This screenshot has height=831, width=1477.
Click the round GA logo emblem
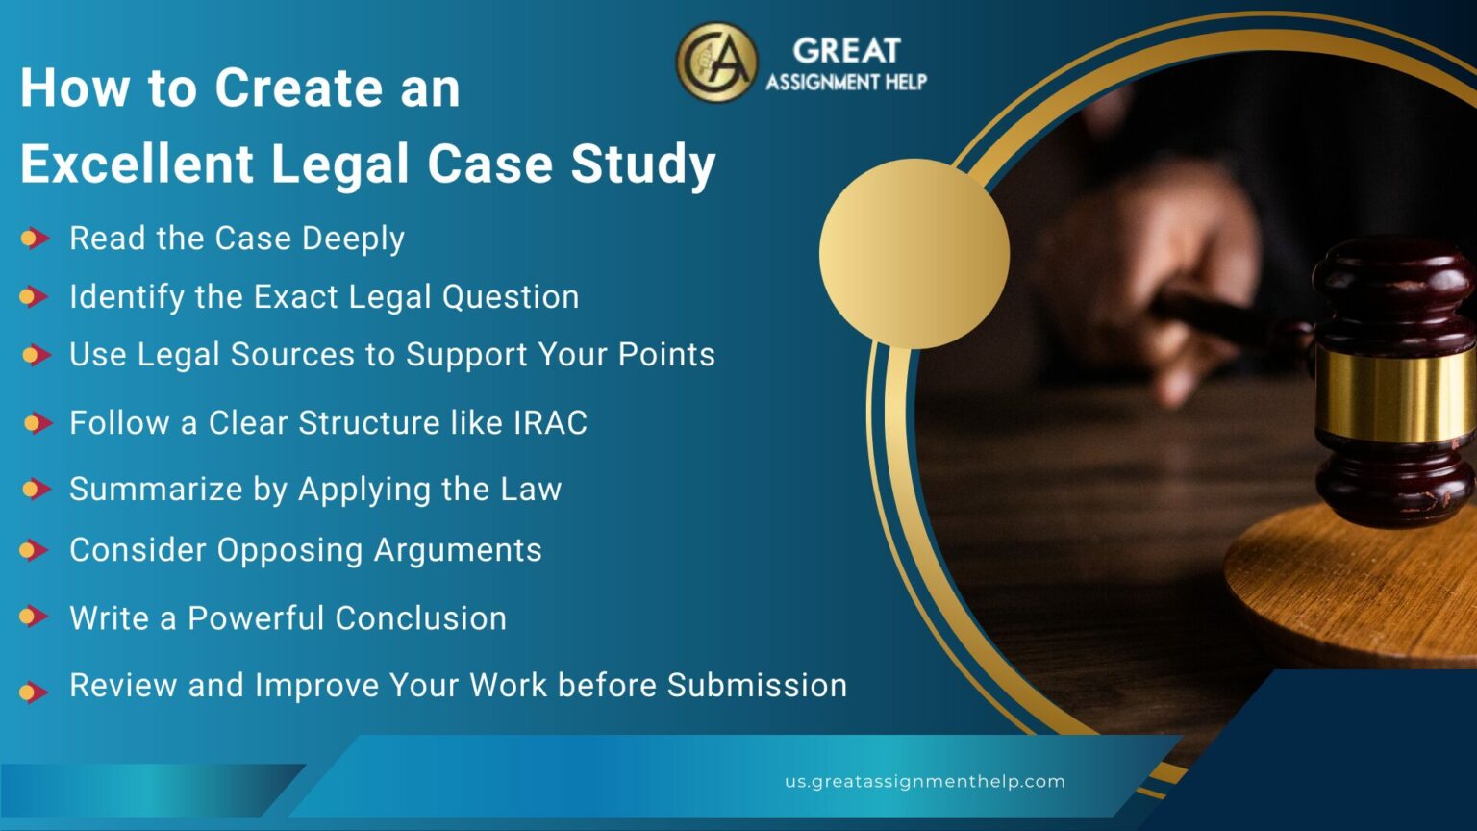tap(716, 63)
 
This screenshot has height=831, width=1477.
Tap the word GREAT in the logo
tap(846, 50)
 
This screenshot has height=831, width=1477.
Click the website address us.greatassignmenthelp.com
tap(924, 781)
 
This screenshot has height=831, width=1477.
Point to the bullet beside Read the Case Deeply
tap(35, 238)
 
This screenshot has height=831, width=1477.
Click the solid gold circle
tap(914, 253)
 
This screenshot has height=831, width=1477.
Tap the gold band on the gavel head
tap(1394, 394)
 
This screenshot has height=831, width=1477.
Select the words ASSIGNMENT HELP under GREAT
tap(846, 82)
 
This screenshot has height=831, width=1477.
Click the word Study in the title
tap(643, 164)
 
